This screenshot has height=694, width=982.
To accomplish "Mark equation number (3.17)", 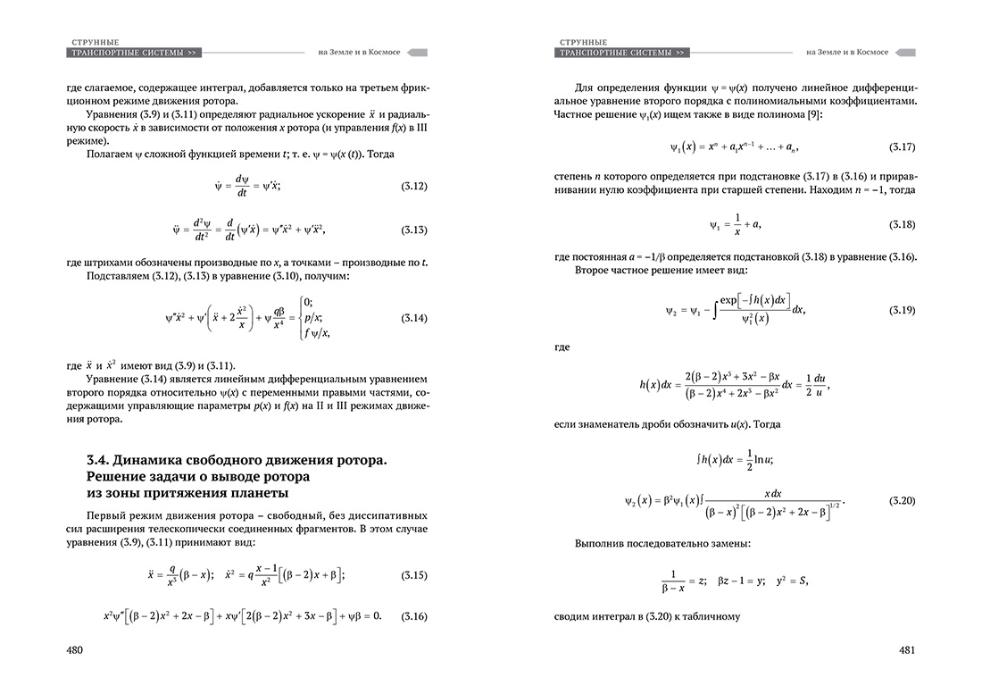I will point(903,145).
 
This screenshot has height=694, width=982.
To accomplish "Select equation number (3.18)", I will point(903,222).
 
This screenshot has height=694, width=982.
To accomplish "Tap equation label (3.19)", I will point(903,309).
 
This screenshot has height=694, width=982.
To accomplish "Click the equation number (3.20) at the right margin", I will point(903,500).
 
